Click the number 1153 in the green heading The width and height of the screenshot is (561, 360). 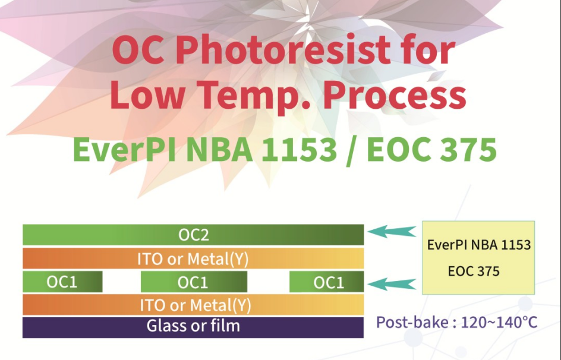299,150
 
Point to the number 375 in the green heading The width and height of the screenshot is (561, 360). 468,150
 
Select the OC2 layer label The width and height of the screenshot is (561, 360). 193,235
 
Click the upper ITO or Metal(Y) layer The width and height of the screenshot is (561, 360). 193,258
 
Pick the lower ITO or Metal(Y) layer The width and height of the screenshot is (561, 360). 193,305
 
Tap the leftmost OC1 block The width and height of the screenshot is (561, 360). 62,282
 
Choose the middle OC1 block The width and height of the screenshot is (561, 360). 194,282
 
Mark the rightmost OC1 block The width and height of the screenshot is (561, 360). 327,282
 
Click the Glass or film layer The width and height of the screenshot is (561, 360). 193,327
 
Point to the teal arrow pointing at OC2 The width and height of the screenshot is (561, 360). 392,231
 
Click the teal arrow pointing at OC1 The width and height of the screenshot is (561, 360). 392,284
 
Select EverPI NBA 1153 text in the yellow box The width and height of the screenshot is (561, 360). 479,245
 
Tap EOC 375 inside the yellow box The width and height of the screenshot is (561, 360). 473,271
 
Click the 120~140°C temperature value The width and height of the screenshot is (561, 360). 499,322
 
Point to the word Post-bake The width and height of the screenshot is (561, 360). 413,322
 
